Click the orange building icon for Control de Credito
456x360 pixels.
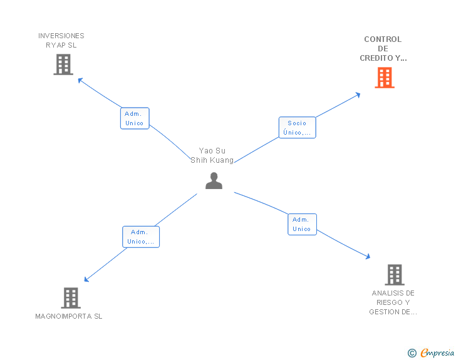(385, 78)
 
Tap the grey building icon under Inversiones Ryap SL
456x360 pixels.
(63, 64)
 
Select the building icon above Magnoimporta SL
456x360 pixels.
(71, 298)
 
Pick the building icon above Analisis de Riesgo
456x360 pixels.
(394, 274)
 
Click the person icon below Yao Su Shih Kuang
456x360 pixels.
(214, 181)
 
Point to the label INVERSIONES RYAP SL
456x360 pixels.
(61, 40)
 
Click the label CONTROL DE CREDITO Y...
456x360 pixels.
(383, 49)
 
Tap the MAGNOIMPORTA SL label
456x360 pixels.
(69, 316)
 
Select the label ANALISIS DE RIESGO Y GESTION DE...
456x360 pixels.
(393, 302)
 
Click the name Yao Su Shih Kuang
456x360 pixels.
(212, 155)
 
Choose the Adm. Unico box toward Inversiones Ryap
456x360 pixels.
(134, 118)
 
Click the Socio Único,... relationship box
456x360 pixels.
(297, 128)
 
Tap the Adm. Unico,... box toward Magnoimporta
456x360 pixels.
(140, 237)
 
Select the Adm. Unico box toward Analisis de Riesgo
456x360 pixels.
(302, 224)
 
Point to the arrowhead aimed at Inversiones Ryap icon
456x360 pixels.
(80, 80)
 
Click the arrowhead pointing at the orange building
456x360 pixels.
(358, 95)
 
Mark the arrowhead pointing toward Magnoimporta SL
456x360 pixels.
(86, 280)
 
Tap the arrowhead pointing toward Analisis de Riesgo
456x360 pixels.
(368, 256)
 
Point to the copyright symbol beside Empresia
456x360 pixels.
(412, 353)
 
